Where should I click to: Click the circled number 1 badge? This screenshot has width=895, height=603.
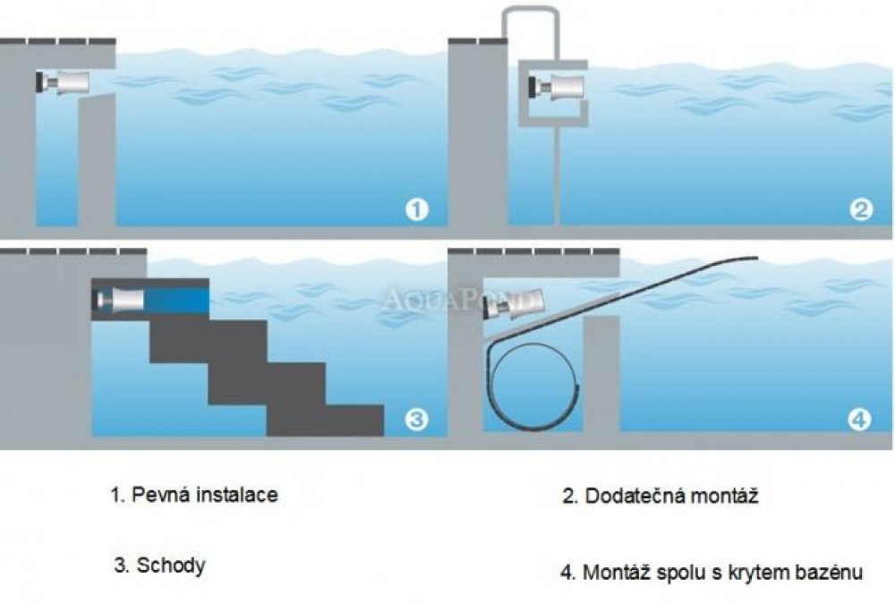[x=416, y=210]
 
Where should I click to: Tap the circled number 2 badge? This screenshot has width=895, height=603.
[x=860, y=210]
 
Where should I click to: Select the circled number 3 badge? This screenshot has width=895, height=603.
[x=416, y=419]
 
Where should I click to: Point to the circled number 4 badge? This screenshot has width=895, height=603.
[x=859, y=419]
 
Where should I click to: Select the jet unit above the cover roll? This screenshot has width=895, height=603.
[x=511, y=306]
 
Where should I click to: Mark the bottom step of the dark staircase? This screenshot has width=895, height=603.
[x=327, y=420]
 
